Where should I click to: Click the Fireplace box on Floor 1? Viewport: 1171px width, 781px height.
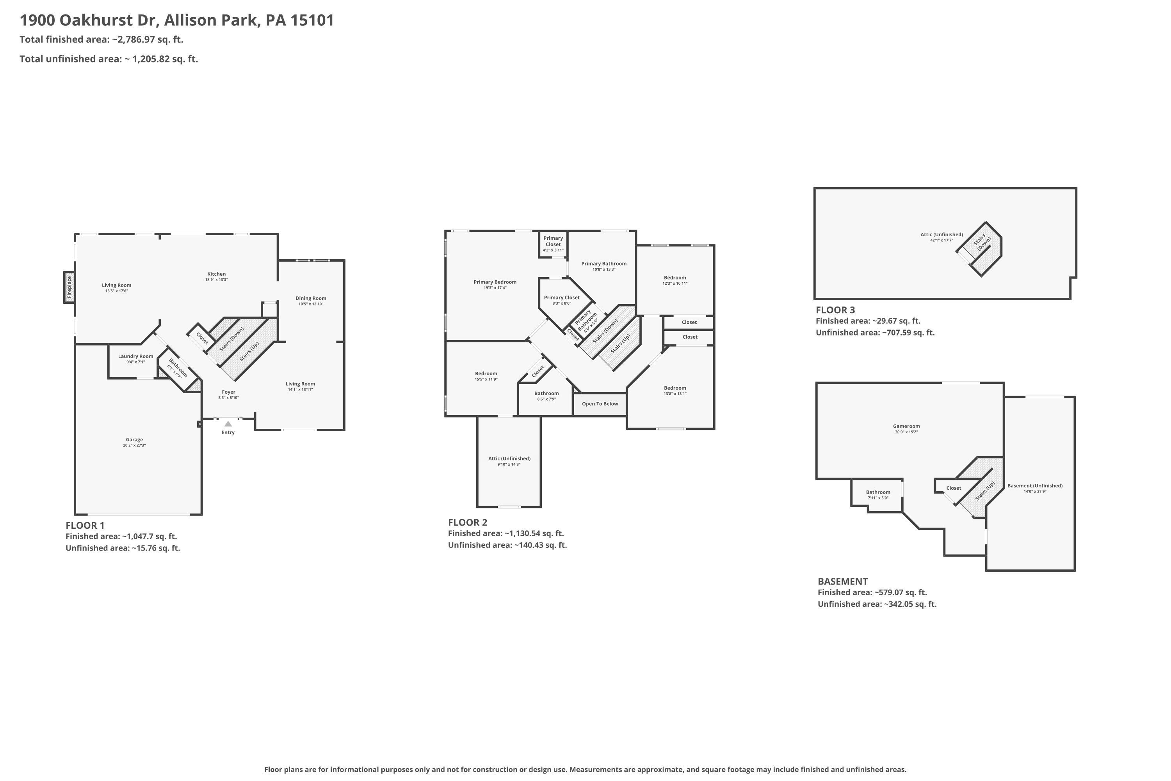coord(69,287)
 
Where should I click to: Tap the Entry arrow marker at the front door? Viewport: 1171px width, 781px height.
coord(228,424)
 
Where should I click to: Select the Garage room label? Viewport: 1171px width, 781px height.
coord(134,440)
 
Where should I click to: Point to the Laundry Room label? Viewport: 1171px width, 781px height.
coord(135,356)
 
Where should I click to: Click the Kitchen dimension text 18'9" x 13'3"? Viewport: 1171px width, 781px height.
coord(217,280)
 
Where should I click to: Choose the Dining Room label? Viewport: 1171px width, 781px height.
coord(311,298)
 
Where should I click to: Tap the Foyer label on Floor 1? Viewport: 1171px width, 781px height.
coord(228,392)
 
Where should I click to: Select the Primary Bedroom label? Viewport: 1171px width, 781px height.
coord(495,282)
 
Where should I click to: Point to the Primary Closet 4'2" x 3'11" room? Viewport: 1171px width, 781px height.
coord(553,244)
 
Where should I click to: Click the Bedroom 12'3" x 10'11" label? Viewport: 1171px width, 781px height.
coord(675,277)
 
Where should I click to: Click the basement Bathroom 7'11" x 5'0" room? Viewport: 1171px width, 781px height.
coord(877,495)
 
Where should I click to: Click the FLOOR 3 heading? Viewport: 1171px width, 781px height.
coord(835,310)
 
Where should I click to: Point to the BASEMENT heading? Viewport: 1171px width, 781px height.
coord(843,581)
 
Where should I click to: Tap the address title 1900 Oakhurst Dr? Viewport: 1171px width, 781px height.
coord(89,20)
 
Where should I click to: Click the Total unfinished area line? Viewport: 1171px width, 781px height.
coord(109,59)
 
